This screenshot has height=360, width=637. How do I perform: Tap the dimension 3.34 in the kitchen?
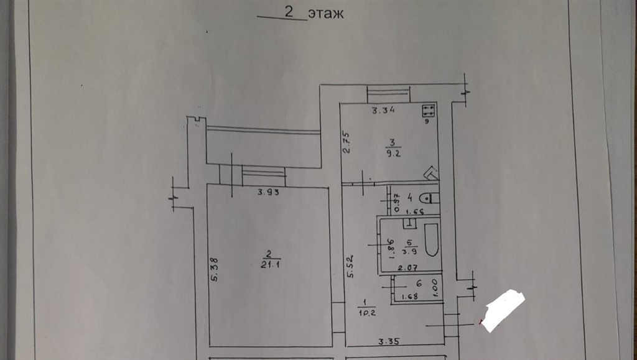384,111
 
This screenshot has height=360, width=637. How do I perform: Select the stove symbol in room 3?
428,111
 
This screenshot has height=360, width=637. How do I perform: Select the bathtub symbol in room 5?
431,240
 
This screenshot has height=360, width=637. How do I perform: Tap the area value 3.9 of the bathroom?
410,252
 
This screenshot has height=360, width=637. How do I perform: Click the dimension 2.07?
407,268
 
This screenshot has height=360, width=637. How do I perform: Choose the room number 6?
419,283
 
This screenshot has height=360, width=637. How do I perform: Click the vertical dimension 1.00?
435,287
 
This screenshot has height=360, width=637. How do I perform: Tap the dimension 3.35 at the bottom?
389,340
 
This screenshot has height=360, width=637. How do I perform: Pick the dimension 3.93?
268,192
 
